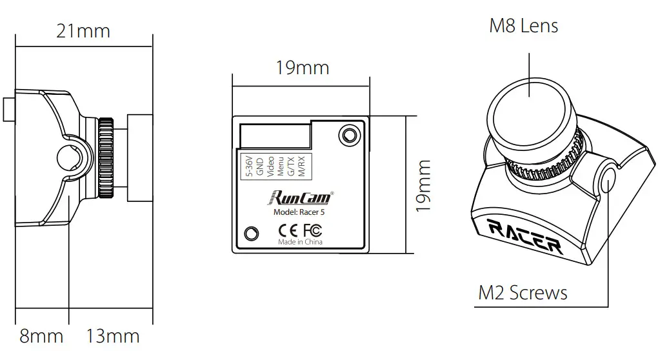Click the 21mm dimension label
83,30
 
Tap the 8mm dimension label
41,336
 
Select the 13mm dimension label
113,336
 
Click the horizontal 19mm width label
303,67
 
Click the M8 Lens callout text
524,26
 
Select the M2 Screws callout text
523,293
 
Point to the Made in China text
300,243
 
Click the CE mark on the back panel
288,230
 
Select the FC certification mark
312,230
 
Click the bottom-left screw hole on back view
252,233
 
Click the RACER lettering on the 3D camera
524,235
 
